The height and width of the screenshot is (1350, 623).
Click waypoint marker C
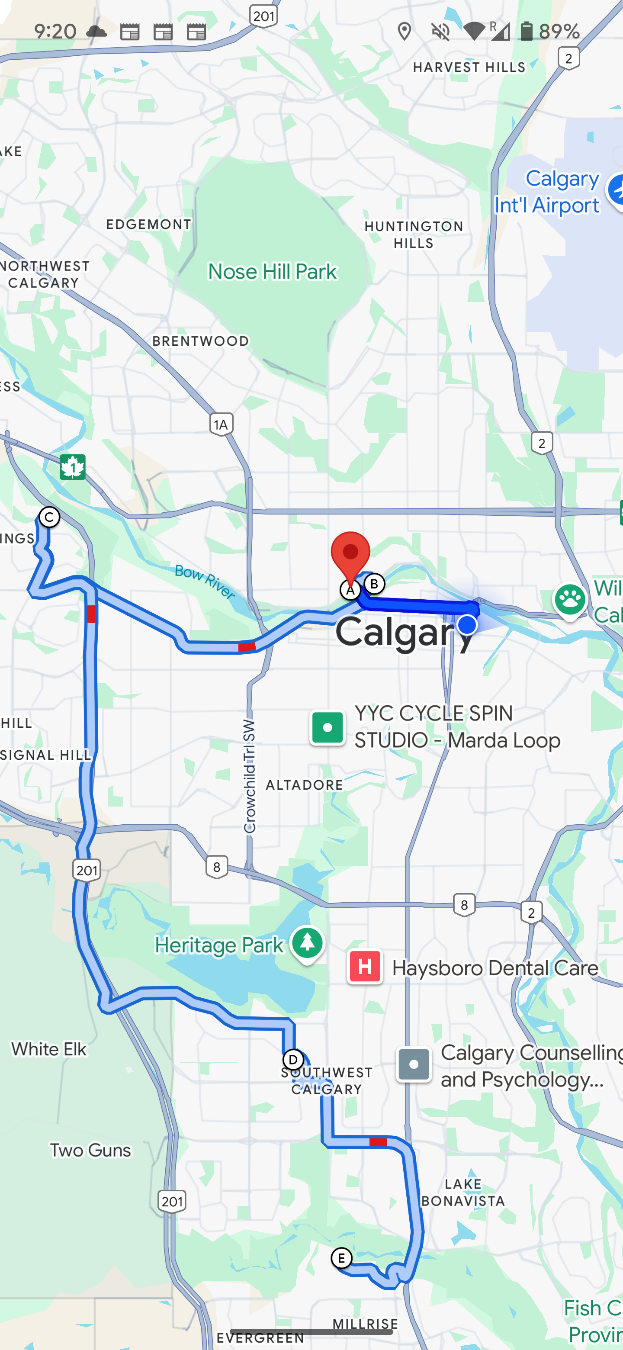pyautogui.click(x=49, y=517)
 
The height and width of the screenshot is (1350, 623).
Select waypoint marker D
pyautogui.click(x=293, y=1059)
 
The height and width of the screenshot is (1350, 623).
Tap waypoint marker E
pyautogui.click(x=341, y=1258)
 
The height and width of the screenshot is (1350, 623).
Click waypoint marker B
pyautogui.click(x=374, y=584)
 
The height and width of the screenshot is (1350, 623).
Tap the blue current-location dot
pyautogui.click(x=467, y=625)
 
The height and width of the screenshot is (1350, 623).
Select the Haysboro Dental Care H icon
pyautogui.click(x=365, y=966)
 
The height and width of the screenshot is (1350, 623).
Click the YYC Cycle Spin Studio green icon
pyautogui.click(x=328, y=727)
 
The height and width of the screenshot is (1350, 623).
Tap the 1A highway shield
pyautogui.click(x=221, y=424)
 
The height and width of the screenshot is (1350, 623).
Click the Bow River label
pyautogui.click(x=205, y=581)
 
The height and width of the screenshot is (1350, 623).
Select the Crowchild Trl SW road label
pyautogui.click(x=249, y=776)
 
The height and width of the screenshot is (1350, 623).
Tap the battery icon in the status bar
pyautogui.click(x=526, y=32)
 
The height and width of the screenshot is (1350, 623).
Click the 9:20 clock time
pyautogui.click(x=55, y=32)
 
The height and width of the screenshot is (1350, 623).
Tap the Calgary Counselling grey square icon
pyautogui.click(x=414, y=1064)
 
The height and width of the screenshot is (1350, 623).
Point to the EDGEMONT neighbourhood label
pyautogui.click(x=149, y=224)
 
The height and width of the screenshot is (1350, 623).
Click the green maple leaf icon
pyautogui.click(x=72, y=467)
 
